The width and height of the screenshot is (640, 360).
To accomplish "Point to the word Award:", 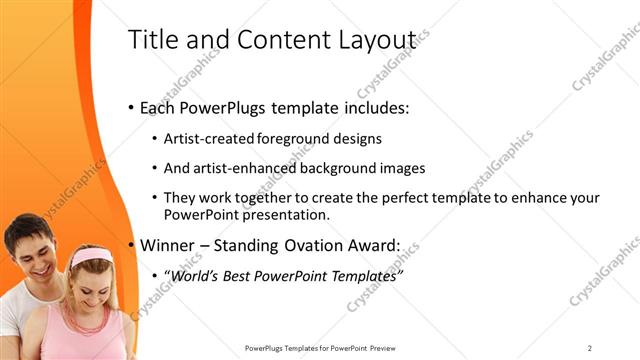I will [x=372, y=244].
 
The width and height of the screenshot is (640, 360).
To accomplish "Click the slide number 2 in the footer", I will [x=590, y=347].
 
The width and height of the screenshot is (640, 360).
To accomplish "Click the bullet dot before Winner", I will [x=132, y=245].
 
